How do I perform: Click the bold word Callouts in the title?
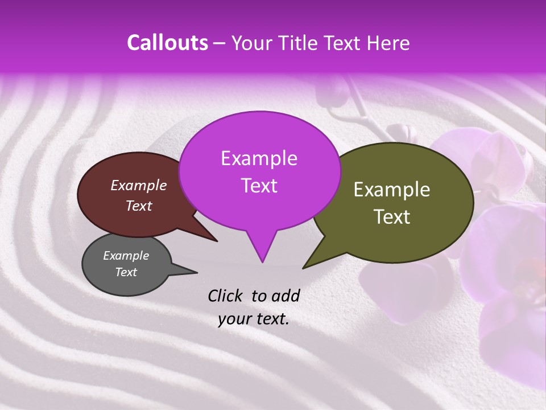point(167,43)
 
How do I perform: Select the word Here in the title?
point(387,43)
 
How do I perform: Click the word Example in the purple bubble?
point(259,158)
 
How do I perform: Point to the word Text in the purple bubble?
point(259,186)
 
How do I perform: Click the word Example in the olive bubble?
point(392,190)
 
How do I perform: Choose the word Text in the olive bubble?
point(392,217)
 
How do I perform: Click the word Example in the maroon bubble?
point(138,185)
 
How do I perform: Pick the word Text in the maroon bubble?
point(138,206)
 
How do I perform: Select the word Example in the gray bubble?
point(126,256)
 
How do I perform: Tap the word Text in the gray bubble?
point(126,272)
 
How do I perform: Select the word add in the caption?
point(286,295)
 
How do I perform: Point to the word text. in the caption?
point(272,318)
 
